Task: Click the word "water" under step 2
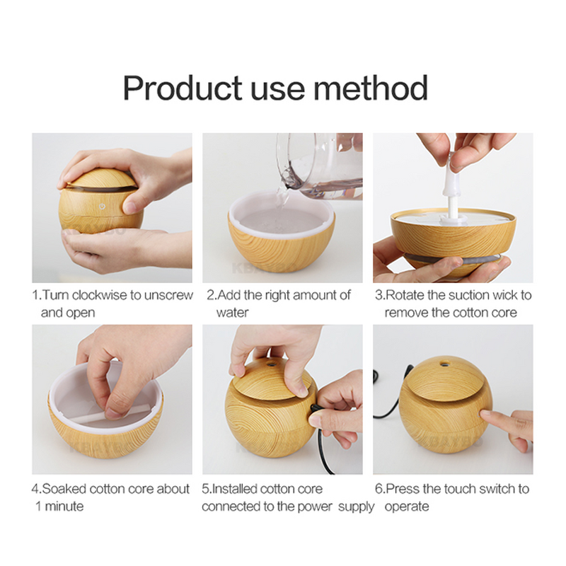[x=232, y=312]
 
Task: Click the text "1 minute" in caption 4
[x=59, y=506]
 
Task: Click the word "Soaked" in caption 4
[x=64, y=488]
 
